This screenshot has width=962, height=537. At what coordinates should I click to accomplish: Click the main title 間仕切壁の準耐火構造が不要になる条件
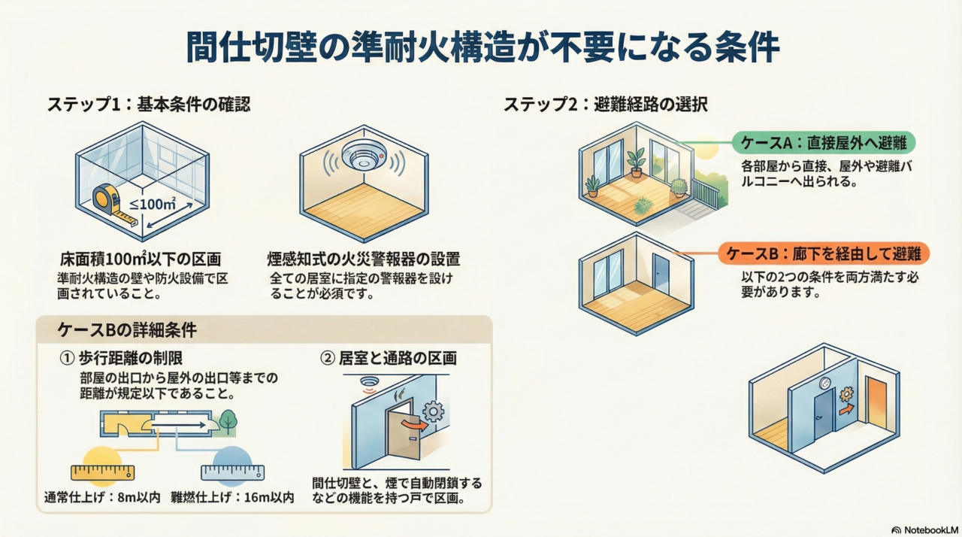481,47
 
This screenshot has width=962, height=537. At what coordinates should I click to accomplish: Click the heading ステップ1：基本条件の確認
149,105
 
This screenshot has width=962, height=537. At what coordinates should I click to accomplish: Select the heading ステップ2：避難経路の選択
605,105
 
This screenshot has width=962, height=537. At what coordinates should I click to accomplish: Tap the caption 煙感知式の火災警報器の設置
364,259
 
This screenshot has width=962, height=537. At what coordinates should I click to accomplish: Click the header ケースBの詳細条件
128,330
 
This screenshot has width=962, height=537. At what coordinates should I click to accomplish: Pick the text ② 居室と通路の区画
389,358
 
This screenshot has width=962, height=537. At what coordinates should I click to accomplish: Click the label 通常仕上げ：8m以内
103,497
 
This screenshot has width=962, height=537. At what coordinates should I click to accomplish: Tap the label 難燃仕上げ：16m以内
233,497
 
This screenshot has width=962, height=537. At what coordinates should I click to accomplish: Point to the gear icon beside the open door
434,411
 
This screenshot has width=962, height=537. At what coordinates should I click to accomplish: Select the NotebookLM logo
924,529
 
